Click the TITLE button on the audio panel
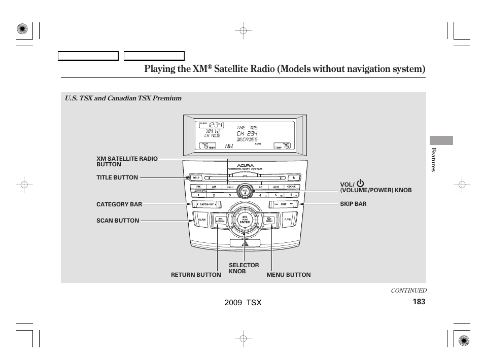[196, 178]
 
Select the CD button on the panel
[260, 187]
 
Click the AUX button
[275, 187]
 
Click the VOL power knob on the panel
[245, 191]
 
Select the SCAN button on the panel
[201, 220]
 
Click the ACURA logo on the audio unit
[245, 165]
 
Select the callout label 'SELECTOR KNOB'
[244, 268]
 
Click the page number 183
[419, 302]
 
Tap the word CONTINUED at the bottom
[408, 291]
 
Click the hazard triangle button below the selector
[245, 244]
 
